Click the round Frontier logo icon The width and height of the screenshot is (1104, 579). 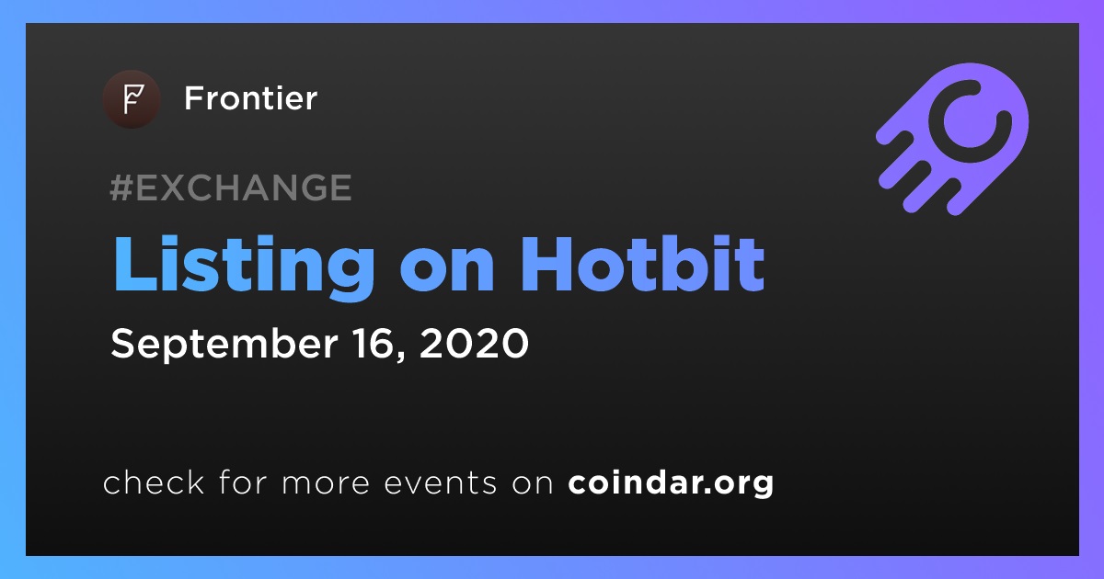(x=132, y=99)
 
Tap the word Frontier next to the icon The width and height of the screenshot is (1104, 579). (x=251, y=98)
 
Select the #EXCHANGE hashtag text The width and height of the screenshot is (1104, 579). (x=231, y=187)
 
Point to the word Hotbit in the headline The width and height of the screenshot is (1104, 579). (x=642, y=265)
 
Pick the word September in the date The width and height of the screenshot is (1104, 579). (x=224, y=345)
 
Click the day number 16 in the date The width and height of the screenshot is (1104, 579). (x=374, y=343)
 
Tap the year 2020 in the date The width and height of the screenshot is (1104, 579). (x=474, y=343)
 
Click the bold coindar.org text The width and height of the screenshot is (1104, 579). (x=671, y=483)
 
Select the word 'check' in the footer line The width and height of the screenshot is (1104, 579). (x=154, y=482)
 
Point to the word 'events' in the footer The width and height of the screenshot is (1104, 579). (x=441, y=482)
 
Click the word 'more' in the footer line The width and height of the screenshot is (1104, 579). (x=326, y=483)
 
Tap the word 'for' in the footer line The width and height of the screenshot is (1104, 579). (x=243, y=482)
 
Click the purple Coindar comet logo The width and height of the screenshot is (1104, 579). (x=952, y=139)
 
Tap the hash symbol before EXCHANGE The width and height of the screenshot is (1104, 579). (x=121, y=187)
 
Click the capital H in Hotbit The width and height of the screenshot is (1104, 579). (x=546, y=265)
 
